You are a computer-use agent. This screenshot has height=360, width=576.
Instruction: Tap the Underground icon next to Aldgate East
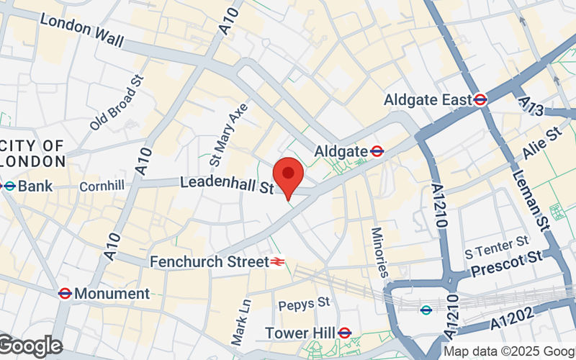(x=481, y=99)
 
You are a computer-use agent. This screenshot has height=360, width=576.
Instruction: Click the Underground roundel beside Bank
(x=9, y=186)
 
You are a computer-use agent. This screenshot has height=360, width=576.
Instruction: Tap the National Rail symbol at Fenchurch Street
(x=277, y=261)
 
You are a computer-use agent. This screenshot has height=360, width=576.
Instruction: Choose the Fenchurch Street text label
(x=209, y=261)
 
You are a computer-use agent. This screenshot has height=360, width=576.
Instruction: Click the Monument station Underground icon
(x=64, y=293)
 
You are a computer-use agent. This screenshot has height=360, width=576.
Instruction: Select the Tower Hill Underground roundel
(x=344, y=333)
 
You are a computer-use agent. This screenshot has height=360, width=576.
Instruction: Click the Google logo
(x=30, y=346)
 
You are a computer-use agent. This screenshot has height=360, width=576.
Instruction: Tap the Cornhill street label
(x=102, y=186)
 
